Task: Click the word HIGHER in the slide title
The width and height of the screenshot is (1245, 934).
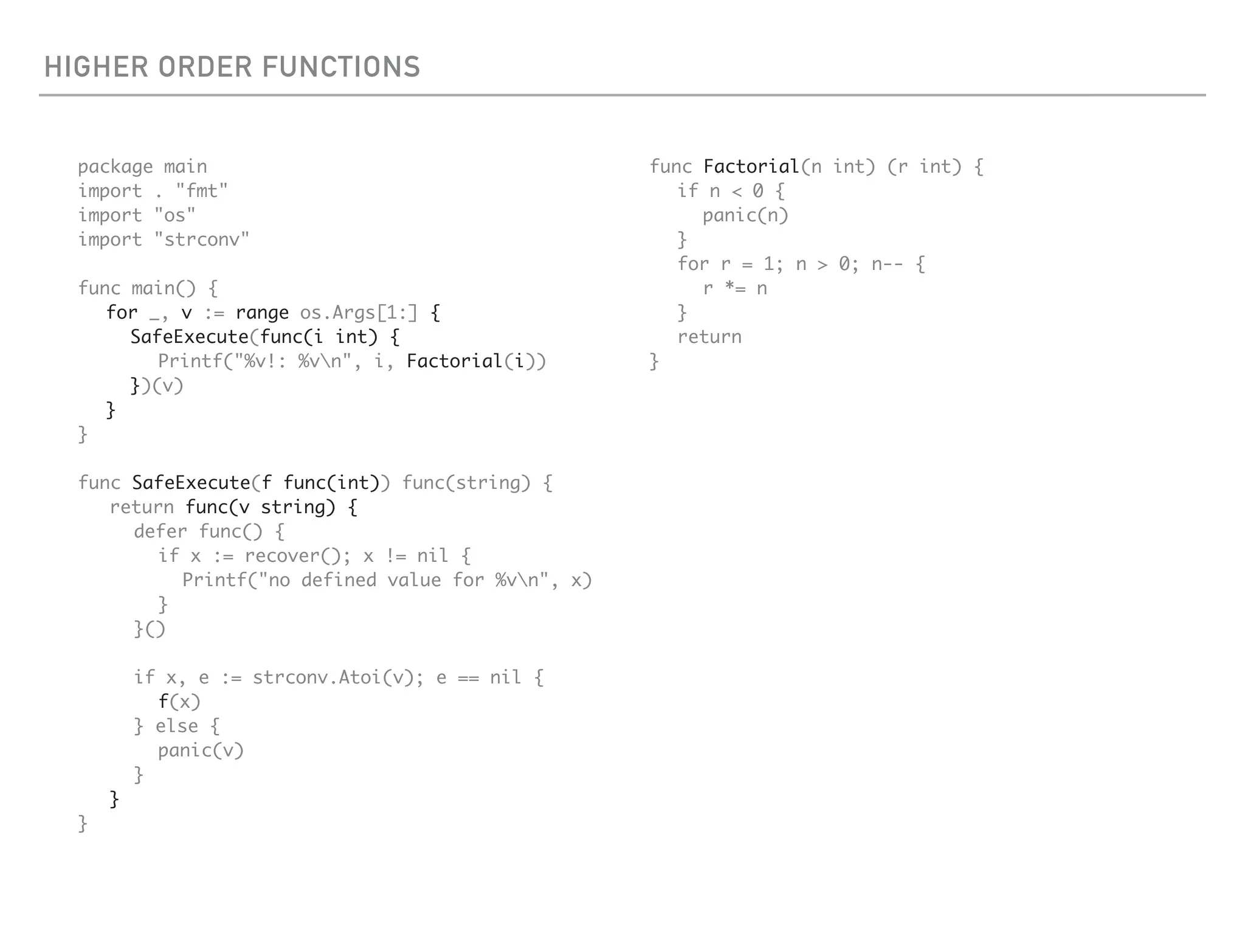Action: click(x=96, y=67)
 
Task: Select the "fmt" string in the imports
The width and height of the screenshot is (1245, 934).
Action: click(x=201, y=192)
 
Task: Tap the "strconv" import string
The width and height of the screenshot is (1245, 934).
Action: click(x=201, y=240)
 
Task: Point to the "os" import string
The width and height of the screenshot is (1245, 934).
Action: click(x=174, y=216)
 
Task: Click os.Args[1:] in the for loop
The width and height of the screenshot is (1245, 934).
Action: click(x=359, y=313)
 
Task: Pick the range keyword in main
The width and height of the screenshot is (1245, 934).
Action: click(x=262, y=313)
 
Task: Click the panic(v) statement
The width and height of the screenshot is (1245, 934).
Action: click(x=201, y=751)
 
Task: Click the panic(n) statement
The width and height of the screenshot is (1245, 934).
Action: click(x=745, y=216)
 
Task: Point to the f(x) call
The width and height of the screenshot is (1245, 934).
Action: click(x=179, y=702)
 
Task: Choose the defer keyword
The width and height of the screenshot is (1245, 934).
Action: click(x=160, y=532)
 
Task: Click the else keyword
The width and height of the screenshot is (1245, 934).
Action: click(x=177, y=727)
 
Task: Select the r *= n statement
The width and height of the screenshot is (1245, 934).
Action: click(x=735, y=289)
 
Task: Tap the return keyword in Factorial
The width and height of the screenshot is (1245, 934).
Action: click(x=709, y=337)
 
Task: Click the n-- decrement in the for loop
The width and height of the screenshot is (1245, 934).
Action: click(x=887, y=265)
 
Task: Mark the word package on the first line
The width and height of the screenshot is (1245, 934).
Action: click(x=116, y=167)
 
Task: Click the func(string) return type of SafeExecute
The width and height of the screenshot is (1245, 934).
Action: click(x=466, y=483)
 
